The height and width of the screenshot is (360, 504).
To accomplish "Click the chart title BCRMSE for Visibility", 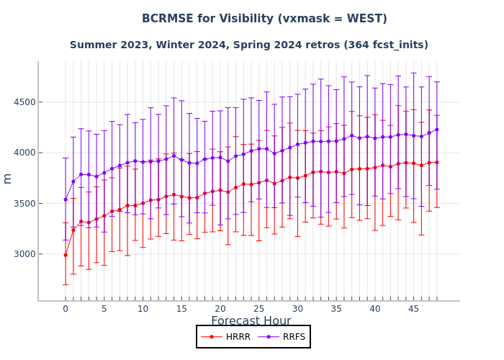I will pyautogui.click(x=264, y=19).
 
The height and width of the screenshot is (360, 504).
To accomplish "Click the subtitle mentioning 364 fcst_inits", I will pyautogui.click(x=249, y=45).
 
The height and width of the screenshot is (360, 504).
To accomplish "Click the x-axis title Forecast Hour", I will pyautogui.click(x=251, y=321).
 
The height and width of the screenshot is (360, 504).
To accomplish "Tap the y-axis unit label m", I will pyautogui.click(x=8, y=179).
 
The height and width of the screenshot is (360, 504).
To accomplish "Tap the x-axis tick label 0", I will pyautogui.click(x=66, y=309).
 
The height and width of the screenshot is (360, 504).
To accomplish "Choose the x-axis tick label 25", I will pyautogui.click(x=258, y=309).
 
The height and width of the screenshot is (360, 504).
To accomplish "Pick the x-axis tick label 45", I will pyautogui.click(x=413, y=309).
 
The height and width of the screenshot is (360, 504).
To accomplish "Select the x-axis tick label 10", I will pyautogui.click(x=143, y=309).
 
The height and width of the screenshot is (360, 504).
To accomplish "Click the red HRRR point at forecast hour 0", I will pyautogui.click(x=66, y=255).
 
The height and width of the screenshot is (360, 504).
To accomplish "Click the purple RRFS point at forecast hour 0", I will pyautogui.click(x=66, y=199).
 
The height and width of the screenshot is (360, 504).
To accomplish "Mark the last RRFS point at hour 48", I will pyautogui.click(x=436, y=130).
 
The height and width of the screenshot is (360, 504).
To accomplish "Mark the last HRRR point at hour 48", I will pyautogui.click(x=436, y=162).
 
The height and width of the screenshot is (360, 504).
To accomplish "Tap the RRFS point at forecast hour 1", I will pyautogui.click(x=73, y=181).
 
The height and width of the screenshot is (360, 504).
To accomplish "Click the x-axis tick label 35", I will pyautogui.click(x=336, y=309).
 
